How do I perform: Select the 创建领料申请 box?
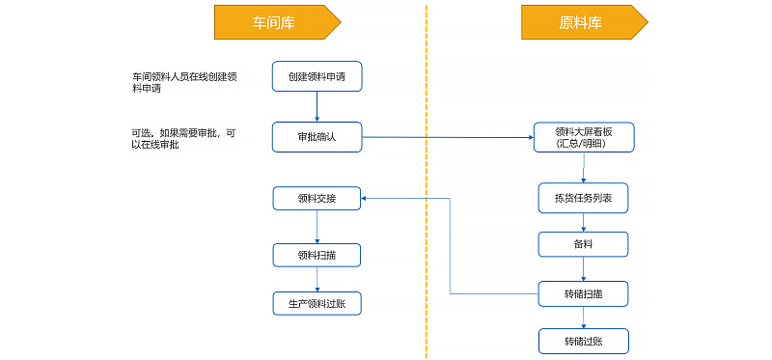tap(317, 76)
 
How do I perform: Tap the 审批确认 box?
tap(317, 137)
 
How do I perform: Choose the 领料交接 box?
tap(317, 199)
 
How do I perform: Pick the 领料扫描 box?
tap(317, 255)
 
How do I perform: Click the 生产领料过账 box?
tap(317, 304)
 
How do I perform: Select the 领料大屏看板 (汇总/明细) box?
tap(584, 137)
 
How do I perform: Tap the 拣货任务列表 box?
tap(584, 198)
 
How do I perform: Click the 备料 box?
tap(584, 244)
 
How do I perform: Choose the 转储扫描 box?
tap(584, 293)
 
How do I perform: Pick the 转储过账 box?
tap(584, 341)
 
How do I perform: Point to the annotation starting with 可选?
tap(182, 138)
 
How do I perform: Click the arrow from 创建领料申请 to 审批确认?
tap(317, 106)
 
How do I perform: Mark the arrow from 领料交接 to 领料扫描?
tap(317, 227)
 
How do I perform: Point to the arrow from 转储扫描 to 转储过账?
tap(584, 317)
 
